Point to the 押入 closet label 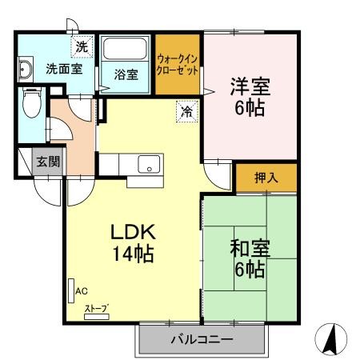coord(266,178)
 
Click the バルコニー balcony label coord(202,339)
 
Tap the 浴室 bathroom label coord(126,75)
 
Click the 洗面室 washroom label coord(63,69)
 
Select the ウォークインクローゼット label coord(177,63)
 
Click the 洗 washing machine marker coord(82,47)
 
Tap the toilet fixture coord(31,102)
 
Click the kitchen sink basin coord(148,166)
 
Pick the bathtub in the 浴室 coord(126,50)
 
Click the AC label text coord(81,292)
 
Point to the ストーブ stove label coord(97,309)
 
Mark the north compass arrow coord(330,340)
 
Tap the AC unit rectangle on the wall coord(70,289)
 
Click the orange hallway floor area coord(72,132)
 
